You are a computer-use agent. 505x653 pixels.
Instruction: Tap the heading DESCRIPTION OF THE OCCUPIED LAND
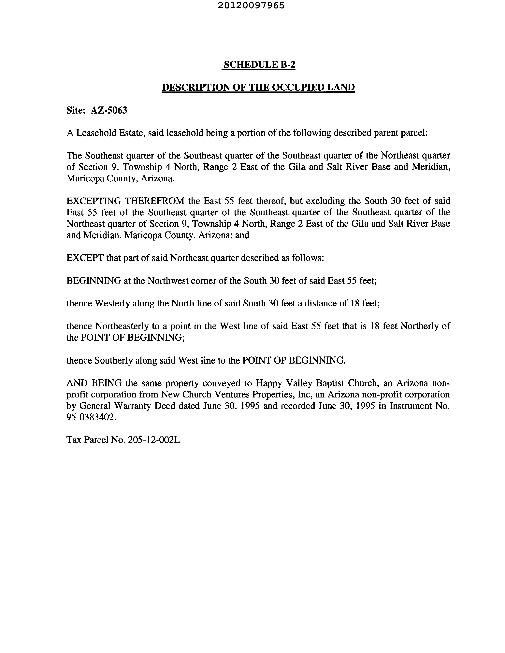point(258,87)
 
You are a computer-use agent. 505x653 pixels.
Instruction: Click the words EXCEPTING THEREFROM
point(125,201)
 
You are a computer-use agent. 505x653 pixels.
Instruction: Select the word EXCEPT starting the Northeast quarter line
point(85,258)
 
